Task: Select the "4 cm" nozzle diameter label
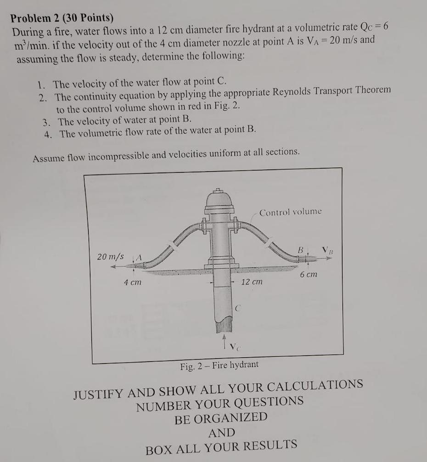[132, 282]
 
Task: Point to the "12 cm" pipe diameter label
[252, 282]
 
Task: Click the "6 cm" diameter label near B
[308, 274]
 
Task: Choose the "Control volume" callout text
[290, 212]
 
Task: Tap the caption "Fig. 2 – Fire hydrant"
[219, 366]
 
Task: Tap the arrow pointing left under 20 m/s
[117, 266]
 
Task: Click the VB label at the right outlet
[326, 251]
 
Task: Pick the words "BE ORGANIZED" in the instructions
[220, 418]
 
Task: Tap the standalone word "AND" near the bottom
[221, 433]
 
